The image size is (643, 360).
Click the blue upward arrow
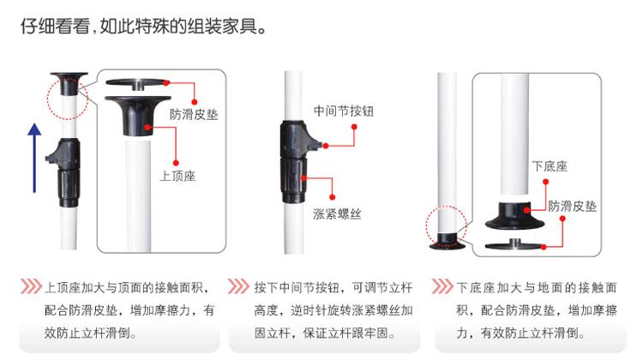pos(34,158)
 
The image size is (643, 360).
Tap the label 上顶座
pos(177,176)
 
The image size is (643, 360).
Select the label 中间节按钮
pos(344,111)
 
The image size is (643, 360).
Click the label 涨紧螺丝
pos(337,213)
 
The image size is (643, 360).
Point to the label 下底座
pos(550,166)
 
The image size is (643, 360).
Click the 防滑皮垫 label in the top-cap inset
pos(194,114)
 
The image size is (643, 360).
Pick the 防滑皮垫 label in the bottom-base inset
pos(573,206)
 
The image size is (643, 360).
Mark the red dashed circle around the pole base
pos(426,226)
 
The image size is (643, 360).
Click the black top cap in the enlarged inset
pos(138,114)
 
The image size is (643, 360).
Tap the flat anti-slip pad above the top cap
pos(137,83)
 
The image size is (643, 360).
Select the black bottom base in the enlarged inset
pos(515,215)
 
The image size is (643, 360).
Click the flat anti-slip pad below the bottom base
pos(515,244)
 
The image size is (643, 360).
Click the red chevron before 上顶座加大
pos(31,286)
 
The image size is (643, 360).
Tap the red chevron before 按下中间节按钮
pos(238,286)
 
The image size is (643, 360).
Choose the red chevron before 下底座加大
pos(442,286)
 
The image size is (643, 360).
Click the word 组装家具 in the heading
pos(223,27)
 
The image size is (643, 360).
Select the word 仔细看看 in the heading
pos(56,27)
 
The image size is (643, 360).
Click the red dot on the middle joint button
pos(326,146)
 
